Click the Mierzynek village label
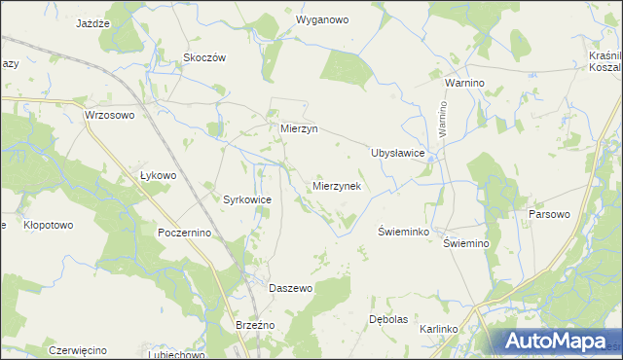click(x=337, y=186)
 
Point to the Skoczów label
click(x=204, y=57)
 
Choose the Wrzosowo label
click(x=109, y=115)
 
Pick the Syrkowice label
click(x=247, y=198)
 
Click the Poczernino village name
click(x=192, y=234)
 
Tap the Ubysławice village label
click(x=397, y=153)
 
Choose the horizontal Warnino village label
click(x=464, y=84)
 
